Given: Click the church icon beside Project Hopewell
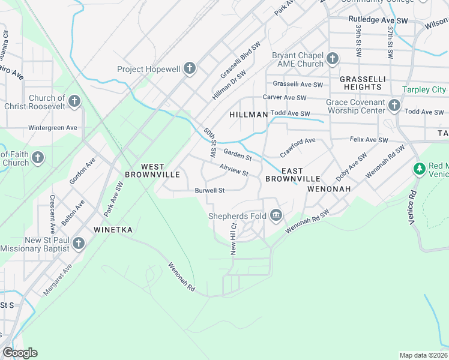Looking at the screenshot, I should (x=190, y=68).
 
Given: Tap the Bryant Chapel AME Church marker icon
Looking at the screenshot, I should (x=333, y=59).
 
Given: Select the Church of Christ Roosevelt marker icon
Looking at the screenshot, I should (x=74, y=101).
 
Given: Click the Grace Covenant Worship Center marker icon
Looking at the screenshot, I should (x=394, y=106).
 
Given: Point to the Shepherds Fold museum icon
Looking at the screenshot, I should (x=276, y=215).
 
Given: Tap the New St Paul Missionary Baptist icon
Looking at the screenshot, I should (x=77, y=244).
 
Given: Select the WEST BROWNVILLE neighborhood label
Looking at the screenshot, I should (x=152, y=170).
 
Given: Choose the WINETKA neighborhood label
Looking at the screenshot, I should (x=113, y=230).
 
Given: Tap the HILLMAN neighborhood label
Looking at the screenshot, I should (x=248, y=114).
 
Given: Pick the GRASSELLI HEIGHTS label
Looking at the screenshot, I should (x=360, y=83).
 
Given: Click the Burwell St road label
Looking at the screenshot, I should (x=209, y=191).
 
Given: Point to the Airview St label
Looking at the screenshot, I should (x=234, y=170).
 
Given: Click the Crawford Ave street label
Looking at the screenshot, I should (x=297, y=145).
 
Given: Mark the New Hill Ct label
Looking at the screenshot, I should (x=234, y=239).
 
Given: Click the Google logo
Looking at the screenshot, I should (x=20, y=353).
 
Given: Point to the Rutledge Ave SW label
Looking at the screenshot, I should (x=378, y=20).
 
